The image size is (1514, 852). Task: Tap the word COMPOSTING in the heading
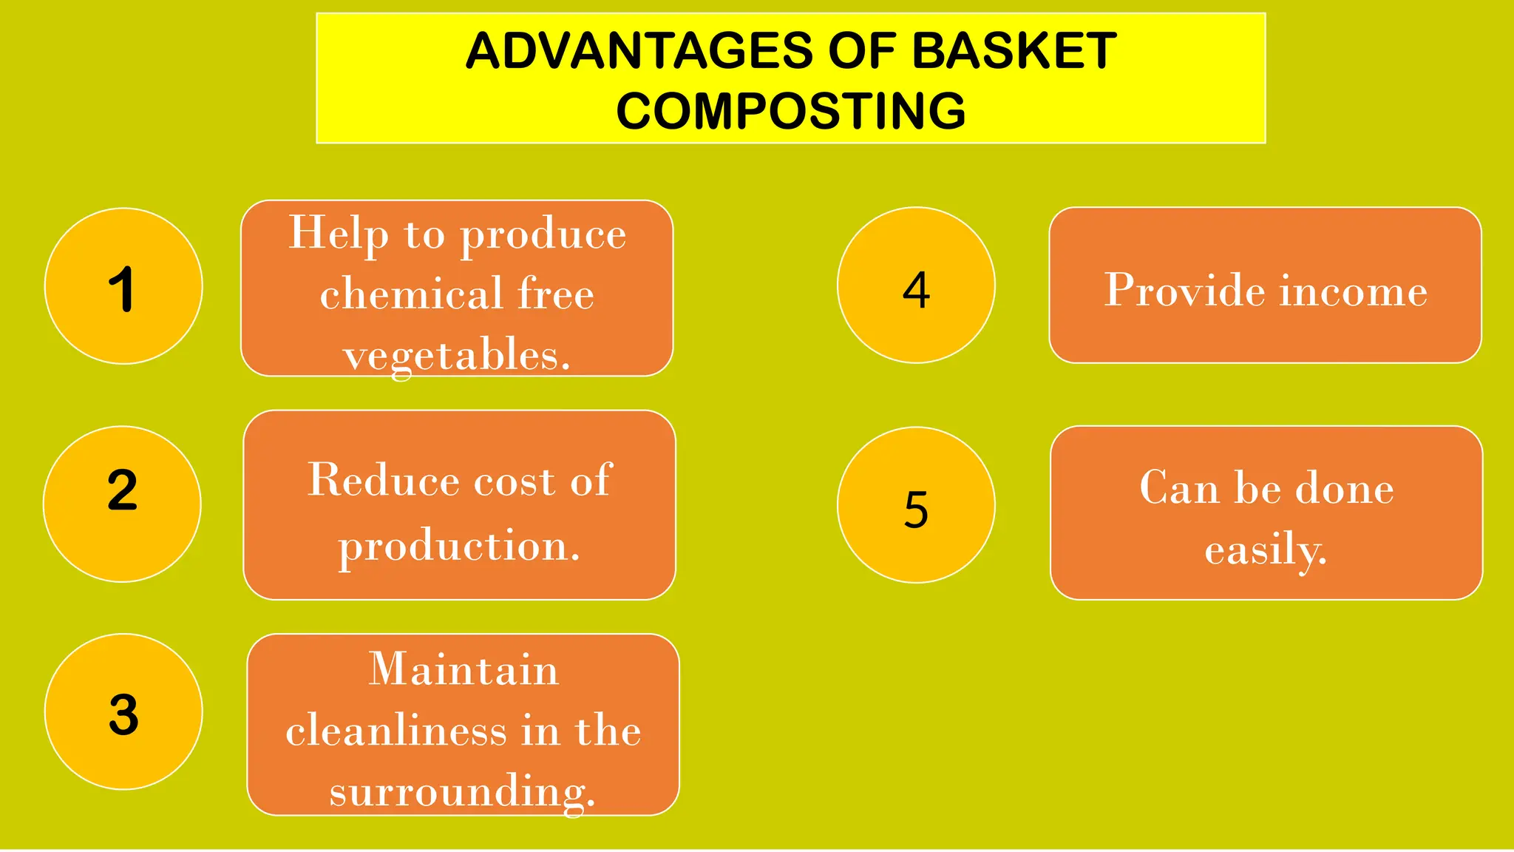click(x=791, y=111)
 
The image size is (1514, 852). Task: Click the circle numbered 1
click(x=123, y=286)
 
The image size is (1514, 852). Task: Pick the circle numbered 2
click(x=122, y=504)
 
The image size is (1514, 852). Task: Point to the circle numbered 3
click(x=123, y=711)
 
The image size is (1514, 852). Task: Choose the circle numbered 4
click(x=916, y=285)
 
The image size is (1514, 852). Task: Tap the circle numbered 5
click(x=916, y=505)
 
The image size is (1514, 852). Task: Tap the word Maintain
click(x=464, y=669)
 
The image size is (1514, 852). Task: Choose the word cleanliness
click(x=396, y=731)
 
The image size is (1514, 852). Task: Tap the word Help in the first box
click(x=338, y=234)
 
